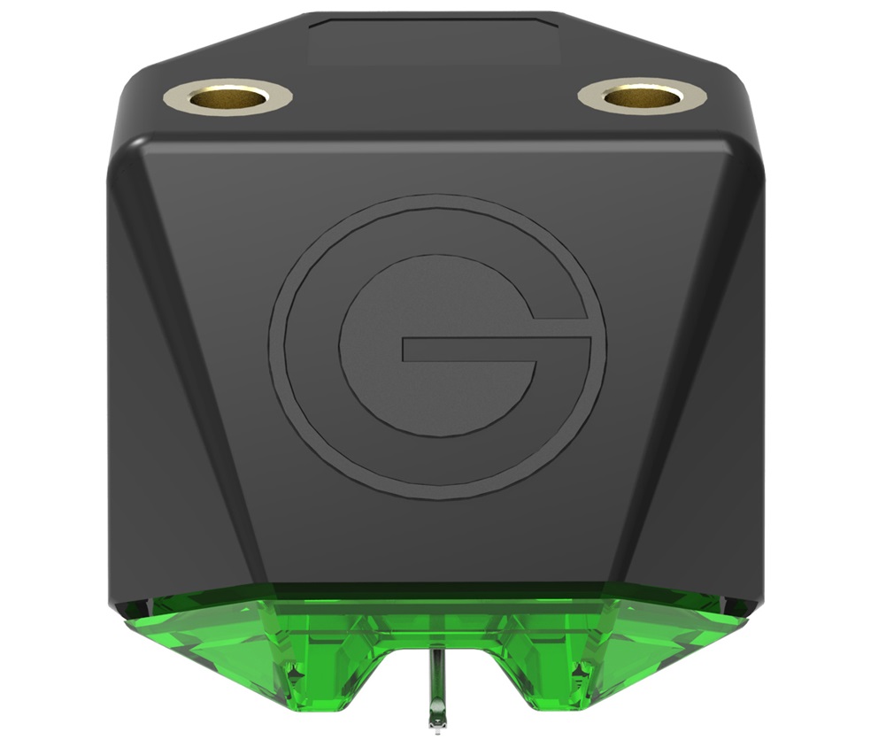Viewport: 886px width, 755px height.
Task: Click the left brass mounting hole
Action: click(x=228, y=96)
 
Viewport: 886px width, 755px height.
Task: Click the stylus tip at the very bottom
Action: click(x=435, y=721)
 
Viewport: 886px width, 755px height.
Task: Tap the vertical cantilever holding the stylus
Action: click(x=434, y=682)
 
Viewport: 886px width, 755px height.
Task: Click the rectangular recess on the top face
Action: click(x=434, y=42)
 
